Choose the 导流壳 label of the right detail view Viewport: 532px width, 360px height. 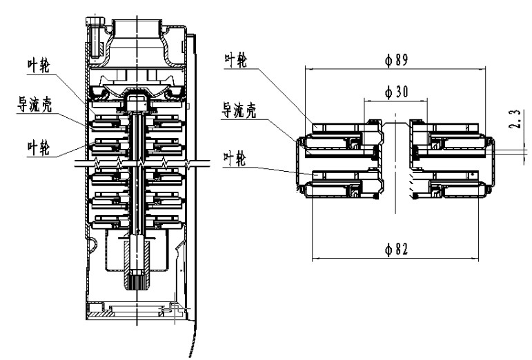pyautogui.click(x=238, y=111)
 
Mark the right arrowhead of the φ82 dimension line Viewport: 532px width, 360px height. pyautogui.click(x=481, y=259)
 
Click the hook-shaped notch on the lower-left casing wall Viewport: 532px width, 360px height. pyautogui.click(x=90, y=243)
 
